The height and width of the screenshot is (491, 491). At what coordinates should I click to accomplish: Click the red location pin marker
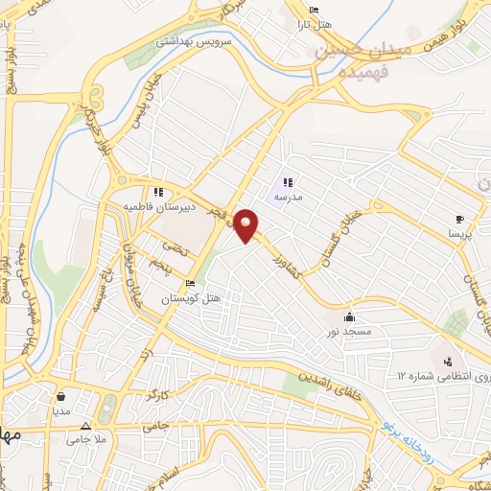(x=246, y=226)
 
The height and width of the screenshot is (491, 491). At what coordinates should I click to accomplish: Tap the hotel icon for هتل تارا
(x=313, y=12)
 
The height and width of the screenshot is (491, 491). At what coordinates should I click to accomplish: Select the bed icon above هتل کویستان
(x=190, y=285)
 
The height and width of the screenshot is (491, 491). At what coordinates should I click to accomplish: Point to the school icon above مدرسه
(x=288, y=181)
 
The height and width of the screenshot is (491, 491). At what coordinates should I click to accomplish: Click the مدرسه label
(x=289, y=196)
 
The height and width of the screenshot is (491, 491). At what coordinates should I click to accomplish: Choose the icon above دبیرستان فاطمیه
(x=158, y=192)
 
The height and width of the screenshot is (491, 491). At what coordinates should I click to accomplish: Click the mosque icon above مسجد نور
(x=350, y=316)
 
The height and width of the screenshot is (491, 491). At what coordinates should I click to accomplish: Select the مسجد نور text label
(x=350, y=331)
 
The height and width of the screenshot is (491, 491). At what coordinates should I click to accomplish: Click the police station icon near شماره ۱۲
(x=447, y=361)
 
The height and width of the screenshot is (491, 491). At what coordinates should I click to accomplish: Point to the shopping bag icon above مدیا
(x=61, y=395)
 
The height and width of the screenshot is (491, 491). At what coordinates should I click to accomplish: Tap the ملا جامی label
(x=84, y=440)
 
